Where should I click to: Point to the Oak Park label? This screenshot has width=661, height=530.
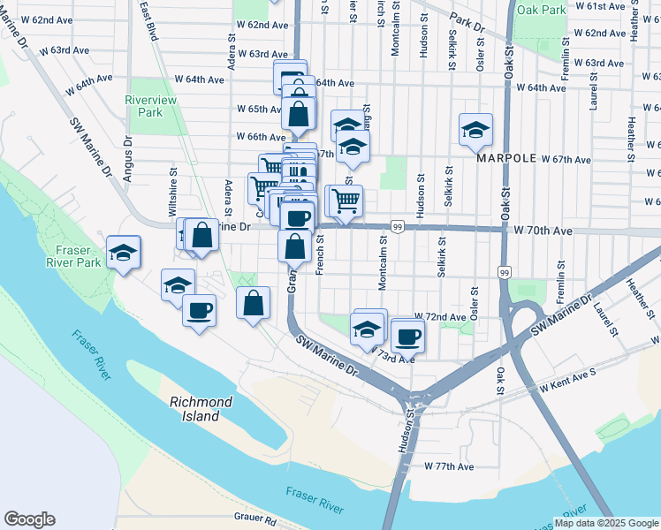[541, 11]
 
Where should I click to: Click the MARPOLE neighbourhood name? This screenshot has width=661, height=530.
[507, 158]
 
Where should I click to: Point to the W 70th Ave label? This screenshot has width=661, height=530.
[543, 231]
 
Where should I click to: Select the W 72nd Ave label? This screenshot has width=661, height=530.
[444, 317]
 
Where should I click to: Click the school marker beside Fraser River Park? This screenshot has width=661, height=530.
[123, 252]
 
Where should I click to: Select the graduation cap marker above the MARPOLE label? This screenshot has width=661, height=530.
[475, 130]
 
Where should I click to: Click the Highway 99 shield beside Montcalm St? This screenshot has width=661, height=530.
[398, 227]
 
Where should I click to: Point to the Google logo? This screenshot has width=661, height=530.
[29, 519]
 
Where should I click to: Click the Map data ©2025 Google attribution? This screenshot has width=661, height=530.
[605, 523]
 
